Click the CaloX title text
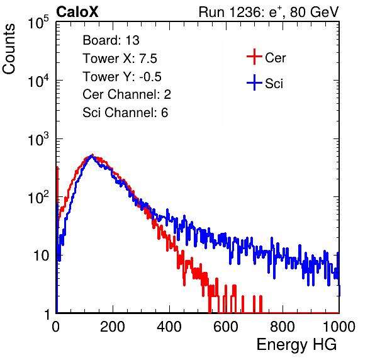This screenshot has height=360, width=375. [x=77, y=12]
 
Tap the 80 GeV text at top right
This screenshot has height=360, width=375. [x=314, y=12]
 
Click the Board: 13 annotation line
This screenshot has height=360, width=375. [x=111, y=40]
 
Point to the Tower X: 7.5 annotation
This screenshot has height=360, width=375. [x=120, y=59]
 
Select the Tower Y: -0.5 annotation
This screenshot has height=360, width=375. [x=122, y=77]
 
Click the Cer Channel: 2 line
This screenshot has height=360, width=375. [x=126, y=94]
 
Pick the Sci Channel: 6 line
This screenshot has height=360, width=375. [x=125, y=113]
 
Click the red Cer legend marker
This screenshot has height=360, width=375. [x=254, y=57]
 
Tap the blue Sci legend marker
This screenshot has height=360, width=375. [x=254, y=82]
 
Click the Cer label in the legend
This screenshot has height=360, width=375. [x=275, y=58]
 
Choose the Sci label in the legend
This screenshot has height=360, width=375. [x=274, y=84]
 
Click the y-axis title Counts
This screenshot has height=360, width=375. [x=9, y=49]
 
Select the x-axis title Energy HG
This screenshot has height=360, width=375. [x=296, y=345]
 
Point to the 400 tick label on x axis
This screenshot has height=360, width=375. [x=169, y=327]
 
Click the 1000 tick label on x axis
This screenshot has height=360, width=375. [x=339, y=327]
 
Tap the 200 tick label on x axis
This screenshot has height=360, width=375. [x=113, y=327]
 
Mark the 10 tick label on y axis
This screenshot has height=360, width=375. [x=42, y=256]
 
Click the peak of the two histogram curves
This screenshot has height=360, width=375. [x=91, y=155]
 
